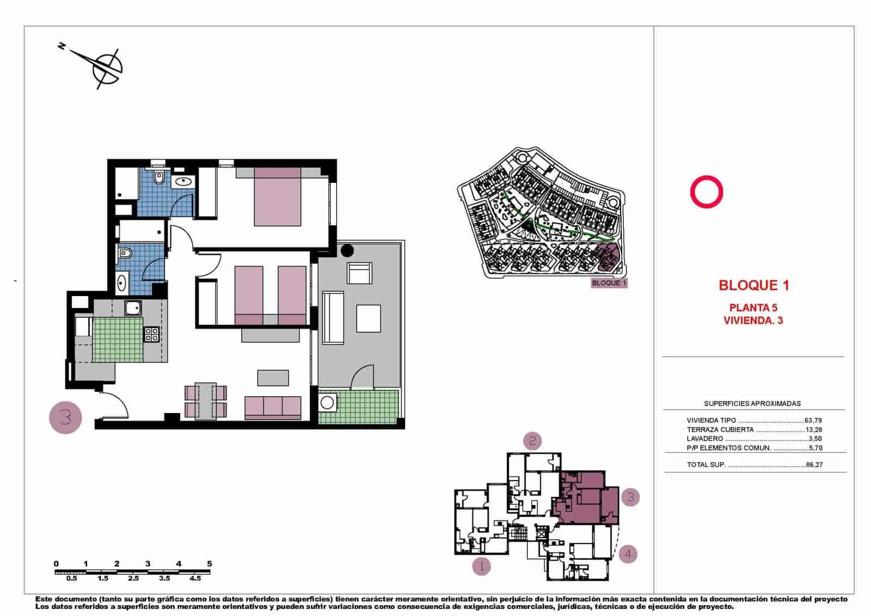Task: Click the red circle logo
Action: coord(706,192)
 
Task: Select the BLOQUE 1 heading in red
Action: coord(753,285)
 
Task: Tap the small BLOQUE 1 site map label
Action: coord(609,283)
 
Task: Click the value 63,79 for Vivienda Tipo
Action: coord(813,420)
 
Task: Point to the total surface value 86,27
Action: coord(813,465)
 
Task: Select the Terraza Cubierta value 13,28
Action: coord(813,429)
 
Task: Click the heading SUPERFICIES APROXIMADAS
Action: coord(752,404)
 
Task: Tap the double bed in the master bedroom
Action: coord(278,196)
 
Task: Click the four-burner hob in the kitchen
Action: coord(151,334)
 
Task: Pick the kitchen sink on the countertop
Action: coord(133,309)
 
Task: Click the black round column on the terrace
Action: coord(346,251)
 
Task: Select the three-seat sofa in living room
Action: coord(273,407)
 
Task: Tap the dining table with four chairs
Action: coord(206,402)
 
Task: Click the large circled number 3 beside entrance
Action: coord(66,417)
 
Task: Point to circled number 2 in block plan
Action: coord(532,440)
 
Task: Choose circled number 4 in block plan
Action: coord(628,554)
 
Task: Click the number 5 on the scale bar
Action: coord(210,564)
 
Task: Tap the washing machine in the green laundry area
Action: coord(327,403)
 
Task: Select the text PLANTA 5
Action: coord(753,307)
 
